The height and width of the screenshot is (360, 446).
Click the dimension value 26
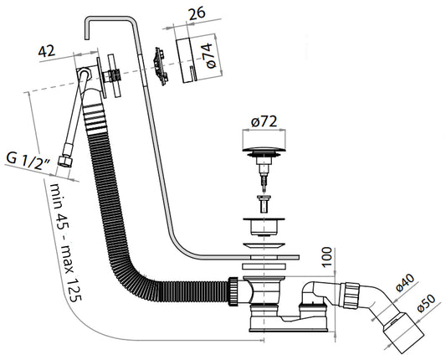(x=197, y=13)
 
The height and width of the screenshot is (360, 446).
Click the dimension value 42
(x=47, y=51)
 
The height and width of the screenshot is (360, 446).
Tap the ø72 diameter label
(x=264, y=121)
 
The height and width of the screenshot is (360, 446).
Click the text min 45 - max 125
(x=65, y=241)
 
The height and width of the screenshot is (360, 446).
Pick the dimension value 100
(x=327, y=257)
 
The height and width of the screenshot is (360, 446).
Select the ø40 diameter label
(x=405, y=283)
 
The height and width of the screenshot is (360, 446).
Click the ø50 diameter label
(x=426, y=303)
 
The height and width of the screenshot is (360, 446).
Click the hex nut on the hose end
(x=65, y=162)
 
